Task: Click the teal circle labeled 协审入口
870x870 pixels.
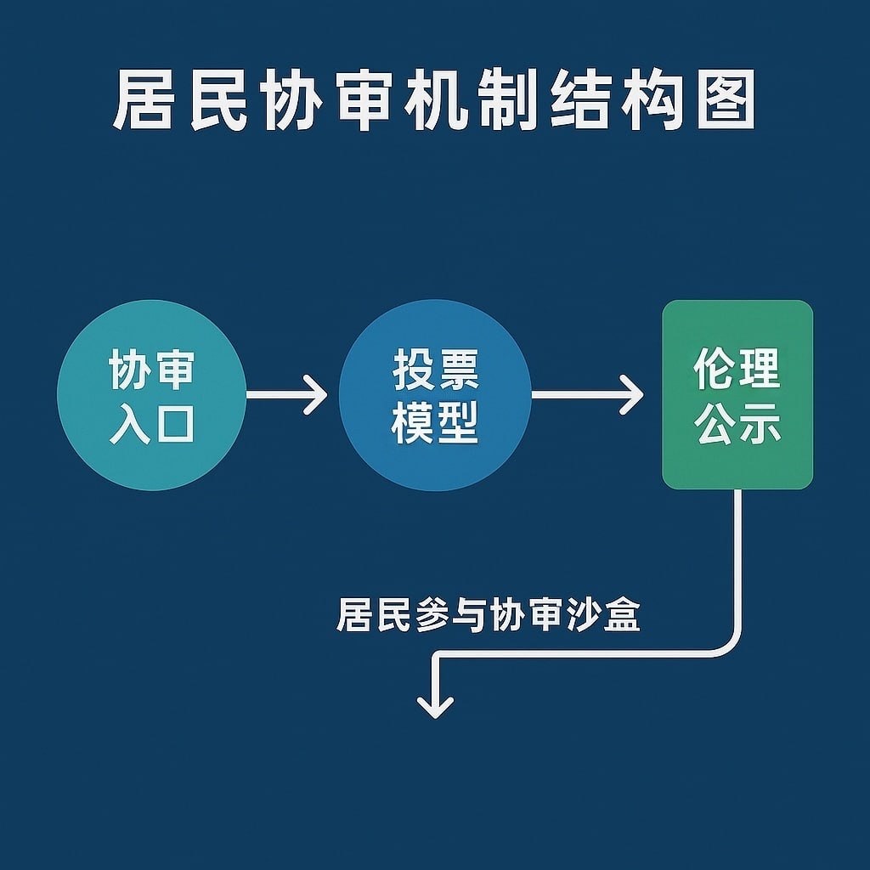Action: point(151,396)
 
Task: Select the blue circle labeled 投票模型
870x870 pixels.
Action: point(435,396)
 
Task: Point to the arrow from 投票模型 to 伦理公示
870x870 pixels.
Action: point(587,396)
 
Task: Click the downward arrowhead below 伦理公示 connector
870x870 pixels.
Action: point(436,704)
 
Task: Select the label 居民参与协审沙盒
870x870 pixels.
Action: point(488,614)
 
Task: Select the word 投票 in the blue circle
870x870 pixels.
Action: point(435,370)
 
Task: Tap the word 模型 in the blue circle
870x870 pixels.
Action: point(435,422)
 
